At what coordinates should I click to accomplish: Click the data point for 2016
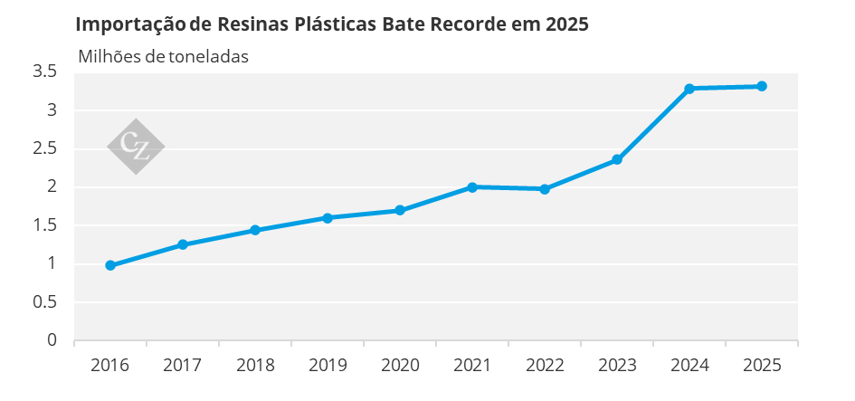pos(110,265)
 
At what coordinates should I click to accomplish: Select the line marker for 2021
pos(472,187)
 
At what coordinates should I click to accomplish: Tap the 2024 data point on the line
pos(689,89)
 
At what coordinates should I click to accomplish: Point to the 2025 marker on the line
pos(762,86)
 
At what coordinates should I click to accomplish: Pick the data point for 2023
pos(617,159)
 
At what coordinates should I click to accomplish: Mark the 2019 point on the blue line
pos(328,217)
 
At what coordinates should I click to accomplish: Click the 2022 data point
pos(544,189)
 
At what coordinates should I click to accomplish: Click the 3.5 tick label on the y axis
pos(44,71)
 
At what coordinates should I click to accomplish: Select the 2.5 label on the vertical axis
pos(44,148)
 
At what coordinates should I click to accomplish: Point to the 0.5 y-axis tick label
pos(44,301)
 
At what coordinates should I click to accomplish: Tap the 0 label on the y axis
pos(52,339)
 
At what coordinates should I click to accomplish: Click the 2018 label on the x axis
pos(254,365)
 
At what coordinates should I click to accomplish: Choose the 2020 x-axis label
pos(400,365)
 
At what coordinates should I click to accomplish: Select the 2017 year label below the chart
pos(183,365)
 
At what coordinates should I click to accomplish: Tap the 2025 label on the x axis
pos(762,365)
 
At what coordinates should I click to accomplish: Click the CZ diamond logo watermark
pos(136,147)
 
